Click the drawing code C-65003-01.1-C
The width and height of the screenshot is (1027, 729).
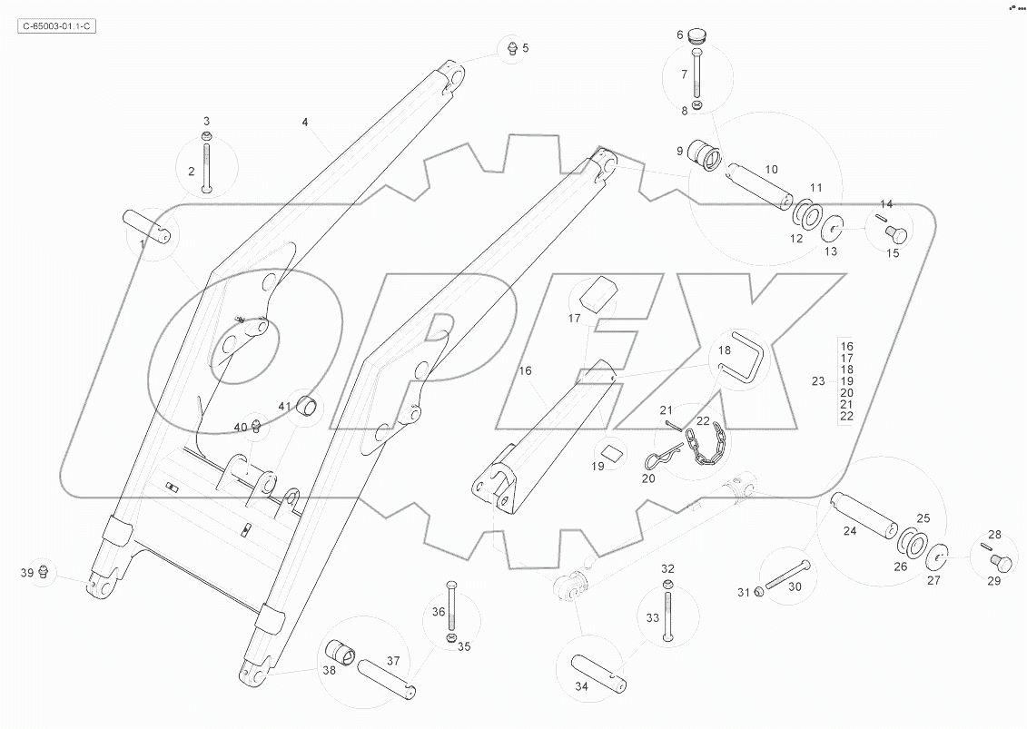coord(56,26)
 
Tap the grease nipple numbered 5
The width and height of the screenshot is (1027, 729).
coord(511,47)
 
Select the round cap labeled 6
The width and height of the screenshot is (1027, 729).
coord(697,35)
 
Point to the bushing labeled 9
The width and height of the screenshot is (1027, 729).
coord(706,156)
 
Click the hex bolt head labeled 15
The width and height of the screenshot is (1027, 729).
coord(897,234)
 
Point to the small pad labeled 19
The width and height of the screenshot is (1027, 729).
coord(610,451)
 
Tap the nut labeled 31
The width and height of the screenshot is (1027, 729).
coord(760,592)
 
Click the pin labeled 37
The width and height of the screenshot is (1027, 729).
coord(388,675)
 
